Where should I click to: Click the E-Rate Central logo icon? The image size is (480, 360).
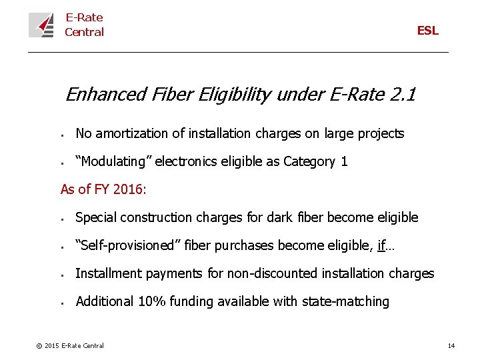coord(41,25)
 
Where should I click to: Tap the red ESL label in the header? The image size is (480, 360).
coord(427,31)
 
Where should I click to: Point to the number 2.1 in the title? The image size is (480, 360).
coord(402,95)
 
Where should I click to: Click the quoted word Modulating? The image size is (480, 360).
coord(113,161)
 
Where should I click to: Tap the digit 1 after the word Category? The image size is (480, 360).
coord(344,161)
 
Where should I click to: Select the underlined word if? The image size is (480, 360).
coord(381,245)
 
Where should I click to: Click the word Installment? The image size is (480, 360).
coord(105,273)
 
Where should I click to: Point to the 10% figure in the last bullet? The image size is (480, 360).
coord(150,301)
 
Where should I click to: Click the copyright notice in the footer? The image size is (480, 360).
coord(70,345)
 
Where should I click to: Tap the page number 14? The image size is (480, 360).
coord(451,345)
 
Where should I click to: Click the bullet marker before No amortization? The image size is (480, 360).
coord(61,135)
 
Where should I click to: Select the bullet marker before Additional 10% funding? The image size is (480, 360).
coord(61,303)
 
